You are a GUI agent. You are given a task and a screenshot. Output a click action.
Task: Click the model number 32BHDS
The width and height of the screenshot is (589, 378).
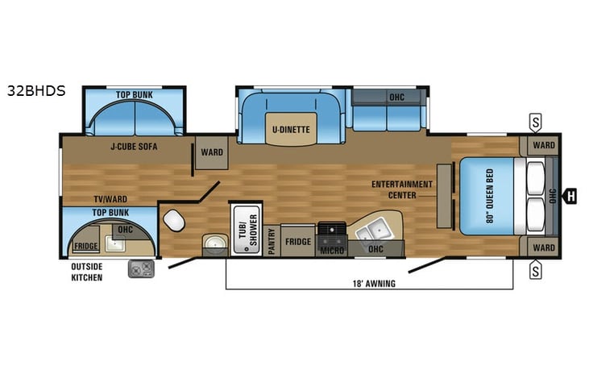tap(36, 91)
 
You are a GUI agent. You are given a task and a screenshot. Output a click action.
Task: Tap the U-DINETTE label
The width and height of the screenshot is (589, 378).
tap(289, 128)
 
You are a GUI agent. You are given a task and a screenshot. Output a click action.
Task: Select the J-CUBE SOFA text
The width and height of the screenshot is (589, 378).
tap(134, 147)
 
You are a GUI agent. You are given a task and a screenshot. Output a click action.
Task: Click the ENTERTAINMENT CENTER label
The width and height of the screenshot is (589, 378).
tap(402, 189)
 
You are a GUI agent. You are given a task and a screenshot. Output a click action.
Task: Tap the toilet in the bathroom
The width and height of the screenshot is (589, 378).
tap(173, 221)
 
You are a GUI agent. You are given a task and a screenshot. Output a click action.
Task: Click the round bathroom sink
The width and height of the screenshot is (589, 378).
tap(214, 243)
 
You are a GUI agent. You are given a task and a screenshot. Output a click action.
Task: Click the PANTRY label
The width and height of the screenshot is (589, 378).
tap(272, 241)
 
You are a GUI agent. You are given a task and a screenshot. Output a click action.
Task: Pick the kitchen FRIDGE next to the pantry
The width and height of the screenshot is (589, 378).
tap(298, 241)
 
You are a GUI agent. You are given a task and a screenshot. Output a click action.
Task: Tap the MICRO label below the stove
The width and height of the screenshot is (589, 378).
tap(332, 251)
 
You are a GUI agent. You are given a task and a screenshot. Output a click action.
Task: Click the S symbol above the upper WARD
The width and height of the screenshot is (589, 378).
tap(535, 123)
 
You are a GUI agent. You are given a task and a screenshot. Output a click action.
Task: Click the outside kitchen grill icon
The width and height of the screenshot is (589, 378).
tap(142, 268)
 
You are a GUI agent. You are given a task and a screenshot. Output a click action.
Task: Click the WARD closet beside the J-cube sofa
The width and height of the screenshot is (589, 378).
tap(212, 152)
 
